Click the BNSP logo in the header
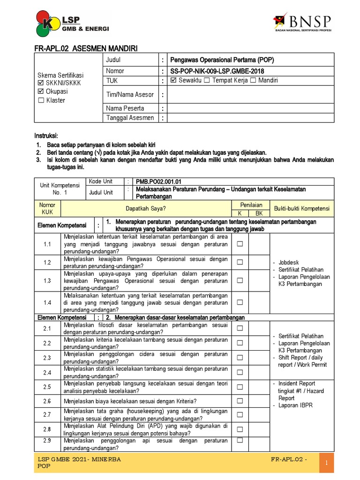pos(302,23)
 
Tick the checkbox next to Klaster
pos(41,100)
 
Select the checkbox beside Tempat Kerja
pos(207,81)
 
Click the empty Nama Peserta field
pos(251,108)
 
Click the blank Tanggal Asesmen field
pos(251,118)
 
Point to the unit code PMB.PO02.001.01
pos(158,181)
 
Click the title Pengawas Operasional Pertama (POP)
pos(222,60)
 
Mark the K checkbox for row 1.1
pos(240,244)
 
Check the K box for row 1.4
pos(240,302)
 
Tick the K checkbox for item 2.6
pos(240,401)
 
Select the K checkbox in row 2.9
pos(240,440)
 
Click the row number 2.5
pos(47,387)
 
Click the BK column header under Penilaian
pos(259,213)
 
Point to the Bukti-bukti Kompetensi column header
pos(302,208)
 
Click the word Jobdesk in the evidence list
pos(288,262)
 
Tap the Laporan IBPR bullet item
pos(295,405)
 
